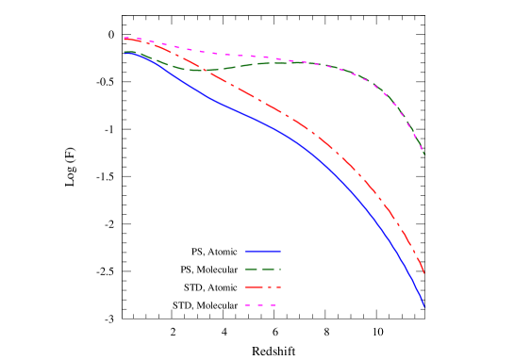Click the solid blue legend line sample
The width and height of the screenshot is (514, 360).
click(263, 252)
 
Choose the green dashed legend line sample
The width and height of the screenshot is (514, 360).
click(263, 270)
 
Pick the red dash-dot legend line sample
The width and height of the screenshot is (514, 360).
click(263, 286)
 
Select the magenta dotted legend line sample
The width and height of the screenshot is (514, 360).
click(260, 304)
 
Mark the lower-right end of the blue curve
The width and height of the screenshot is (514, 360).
click(424, 306)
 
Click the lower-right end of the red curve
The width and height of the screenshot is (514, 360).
click(424, 273)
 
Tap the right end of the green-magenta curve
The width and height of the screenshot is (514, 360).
click(424, 154)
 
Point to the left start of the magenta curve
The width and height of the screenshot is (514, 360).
click(124, 39)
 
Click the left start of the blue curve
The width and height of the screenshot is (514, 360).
click(124, 53)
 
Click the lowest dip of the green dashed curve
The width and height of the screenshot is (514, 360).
click(193, 70)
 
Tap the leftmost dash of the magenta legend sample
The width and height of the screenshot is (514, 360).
click(248, 304)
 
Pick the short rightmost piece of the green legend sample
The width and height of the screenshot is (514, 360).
click(279, 270)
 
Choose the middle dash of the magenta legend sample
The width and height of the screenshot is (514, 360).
click(260, 304)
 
